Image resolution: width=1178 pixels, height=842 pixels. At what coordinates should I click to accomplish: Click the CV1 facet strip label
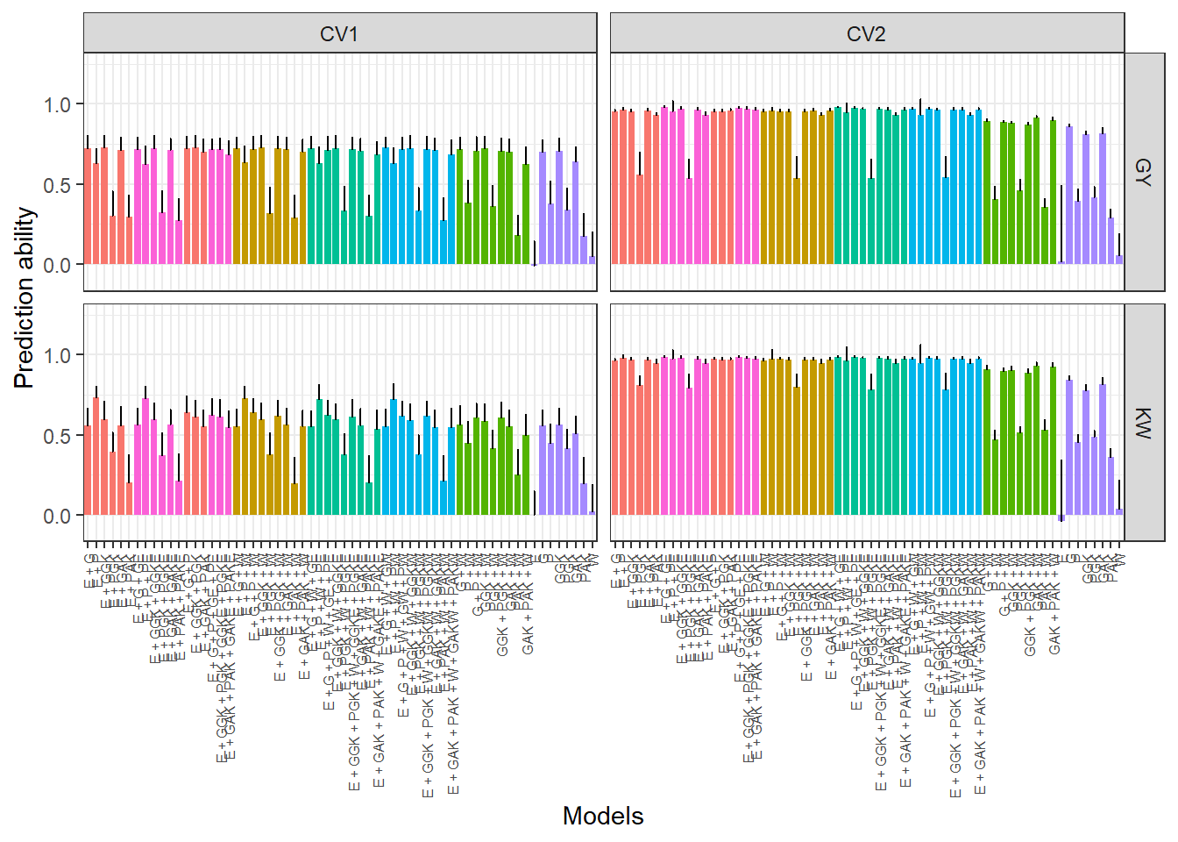click(x=339, y=34)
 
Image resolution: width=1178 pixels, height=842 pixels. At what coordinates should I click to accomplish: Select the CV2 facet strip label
click(x=866, y=34)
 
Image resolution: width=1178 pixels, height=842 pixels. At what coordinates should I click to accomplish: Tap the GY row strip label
click(x=1143, y=171)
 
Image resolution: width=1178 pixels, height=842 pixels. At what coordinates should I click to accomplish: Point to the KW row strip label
click(x=1143, y=422)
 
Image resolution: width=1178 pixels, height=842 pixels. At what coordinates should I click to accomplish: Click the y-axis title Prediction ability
click(x=25, y=298)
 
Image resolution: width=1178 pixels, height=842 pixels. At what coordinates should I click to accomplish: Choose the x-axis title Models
click(x=603, y=816)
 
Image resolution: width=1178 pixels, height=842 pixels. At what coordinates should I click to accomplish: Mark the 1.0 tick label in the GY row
click(x=57, y=104)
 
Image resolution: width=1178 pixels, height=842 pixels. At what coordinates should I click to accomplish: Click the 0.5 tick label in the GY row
click(x=57, y=185)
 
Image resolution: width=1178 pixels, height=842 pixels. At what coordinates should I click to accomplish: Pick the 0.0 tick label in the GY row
click(x=57, y=265)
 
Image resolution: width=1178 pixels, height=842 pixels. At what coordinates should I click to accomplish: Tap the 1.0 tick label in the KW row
click(x=57, y=355)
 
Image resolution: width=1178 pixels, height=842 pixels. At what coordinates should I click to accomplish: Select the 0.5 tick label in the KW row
click(x=57, y=436)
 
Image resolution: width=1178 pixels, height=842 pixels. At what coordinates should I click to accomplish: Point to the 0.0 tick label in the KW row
click(x=57, y=516)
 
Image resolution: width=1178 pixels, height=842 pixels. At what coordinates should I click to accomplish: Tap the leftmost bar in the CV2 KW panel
click(x=615, y=438)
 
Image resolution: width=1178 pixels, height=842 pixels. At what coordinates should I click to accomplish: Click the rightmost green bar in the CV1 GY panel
click(x=526, y=215)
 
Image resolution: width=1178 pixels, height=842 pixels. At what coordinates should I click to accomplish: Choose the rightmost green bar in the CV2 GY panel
click(x=1053, y=193)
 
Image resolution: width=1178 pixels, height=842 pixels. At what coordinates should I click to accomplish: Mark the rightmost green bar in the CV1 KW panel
click(x=526, y=475)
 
